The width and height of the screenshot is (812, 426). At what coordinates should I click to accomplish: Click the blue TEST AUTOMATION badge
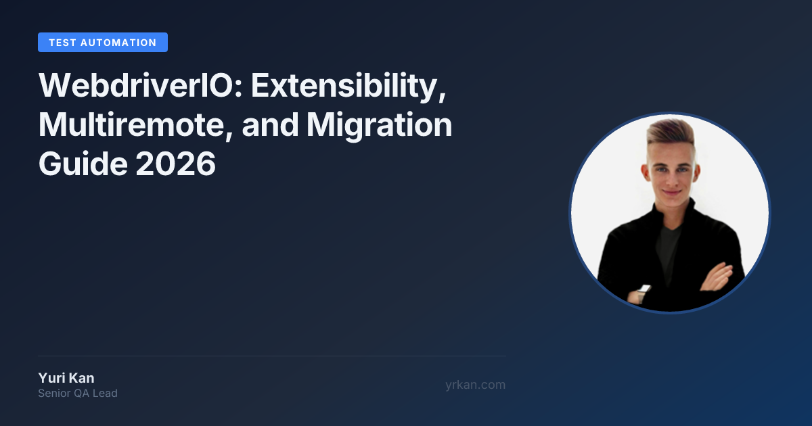click(103, 43)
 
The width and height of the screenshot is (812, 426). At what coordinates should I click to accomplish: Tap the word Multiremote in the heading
click(135, 125)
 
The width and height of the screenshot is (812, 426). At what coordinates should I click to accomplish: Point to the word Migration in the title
click(379, 126)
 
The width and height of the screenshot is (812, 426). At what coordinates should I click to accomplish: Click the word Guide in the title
click(83, 164)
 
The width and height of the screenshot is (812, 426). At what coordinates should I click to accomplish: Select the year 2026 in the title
click(176, 164)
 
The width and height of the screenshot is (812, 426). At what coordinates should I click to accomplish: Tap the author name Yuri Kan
click(66, 378)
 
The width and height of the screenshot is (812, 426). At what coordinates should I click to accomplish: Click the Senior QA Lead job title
click(78, 394)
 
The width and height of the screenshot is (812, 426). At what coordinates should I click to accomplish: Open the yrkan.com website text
click(475, 385)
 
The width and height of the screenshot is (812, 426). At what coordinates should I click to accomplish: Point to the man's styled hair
click(671, 134)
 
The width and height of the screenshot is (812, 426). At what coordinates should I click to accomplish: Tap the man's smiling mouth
click(671, 192)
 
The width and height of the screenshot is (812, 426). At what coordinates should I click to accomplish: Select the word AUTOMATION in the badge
click(118, 43)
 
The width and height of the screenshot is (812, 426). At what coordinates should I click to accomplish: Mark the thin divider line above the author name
click(272, 356)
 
